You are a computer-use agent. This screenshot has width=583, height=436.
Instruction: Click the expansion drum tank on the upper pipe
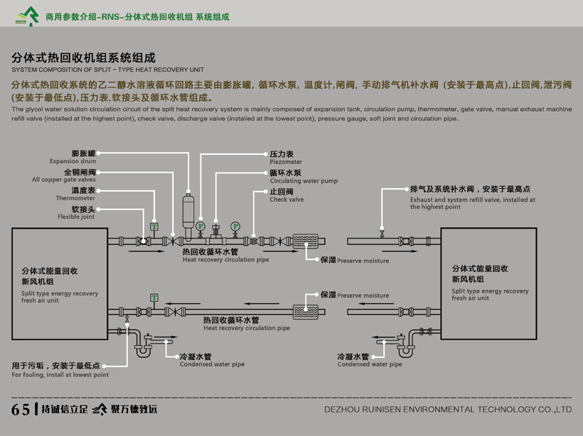pyautogui.click(x=188, y=209)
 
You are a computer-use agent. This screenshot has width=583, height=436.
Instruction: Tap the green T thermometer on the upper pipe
pyautogui.click(x=154, y=227)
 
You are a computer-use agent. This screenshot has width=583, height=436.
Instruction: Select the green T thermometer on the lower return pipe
pyautogui.click(x=154, y=297)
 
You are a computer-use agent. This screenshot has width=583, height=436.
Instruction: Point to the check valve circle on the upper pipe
pyautogui.click(x=253, y=241)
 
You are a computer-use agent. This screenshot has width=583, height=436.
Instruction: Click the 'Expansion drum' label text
pyautogui.click(x=73, y=161)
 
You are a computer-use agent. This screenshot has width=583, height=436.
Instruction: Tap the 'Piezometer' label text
pyautogui.click(x=286, y=162)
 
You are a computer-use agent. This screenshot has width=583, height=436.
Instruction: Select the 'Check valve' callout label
pyautogui.click(x=287, y=200)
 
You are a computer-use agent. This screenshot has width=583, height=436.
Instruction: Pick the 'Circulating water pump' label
pyautogui.click(x=304, y=181)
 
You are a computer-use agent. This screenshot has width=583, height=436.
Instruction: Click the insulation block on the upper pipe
pyautogui.click(x=308, y=241)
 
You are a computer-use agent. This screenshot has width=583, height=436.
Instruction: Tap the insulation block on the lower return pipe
pyautogui.click(x=308, y=311)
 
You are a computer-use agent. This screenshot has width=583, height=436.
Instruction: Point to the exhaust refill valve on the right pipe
pyautogui.click(x=383, y=233)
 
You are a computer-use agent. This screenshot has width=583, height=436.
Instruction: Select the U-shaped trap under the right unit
pyautogui.click(x=405, y=346)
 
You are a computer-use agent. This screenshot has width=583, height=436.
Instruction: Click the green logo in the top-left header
pyautogui.click(x=26, y=13)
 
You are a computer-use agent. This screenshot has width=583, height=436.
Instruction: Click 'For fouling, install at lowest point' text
pyautogui.click(x=60, y=375)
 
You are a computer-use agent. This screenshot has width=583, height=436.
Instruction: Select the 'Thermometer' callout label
pyautogui.click(x=75, y=198)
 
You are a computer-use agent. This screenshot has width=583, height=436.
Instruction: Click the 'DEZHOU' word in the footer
pyautogui.click(x=344, y=410)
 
